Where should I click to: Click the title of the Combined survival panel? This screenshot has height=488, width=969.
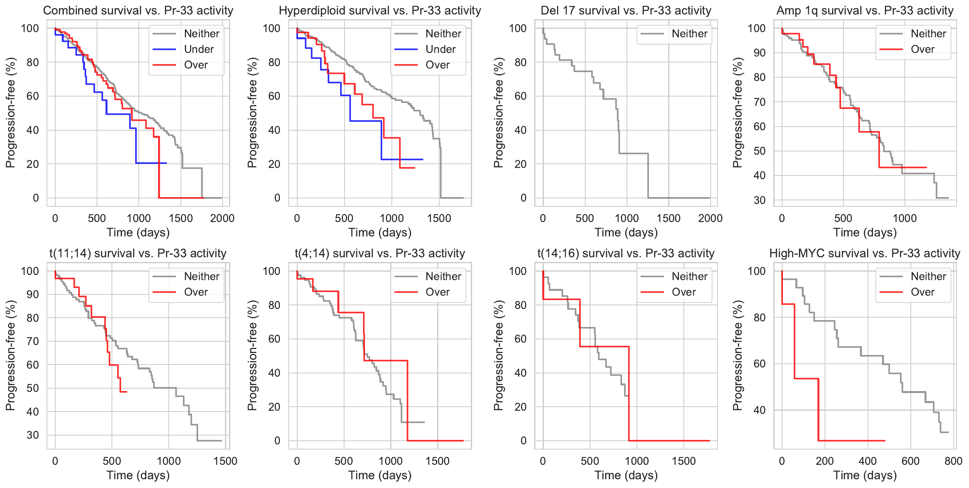click(x=138, y=10)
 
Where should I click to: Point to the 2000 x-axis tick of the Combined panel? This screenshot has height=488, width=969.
click(x=222, y=218)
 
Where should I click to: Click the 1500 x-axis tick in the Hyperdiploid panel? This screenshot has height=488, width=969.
click(x=439, y=218)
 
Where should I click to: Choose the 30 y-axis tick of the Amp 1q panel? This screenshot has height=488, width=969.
click(x=759, y=200)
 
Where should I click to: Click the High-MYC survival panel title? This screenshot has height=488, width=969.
click(x=865, y=253)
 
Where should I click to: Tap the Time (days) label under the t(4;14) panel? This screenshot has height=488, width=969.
click(x=380, y=475)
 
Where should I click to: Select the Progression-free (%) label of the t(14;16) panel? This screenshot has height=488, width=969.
click(x=498, y=355)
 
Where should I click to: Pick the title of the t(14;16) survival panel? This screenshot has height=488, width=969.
click(x=626, y=253)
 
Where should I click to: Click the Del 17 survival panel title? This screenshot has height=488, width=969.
click(x=626, y=10)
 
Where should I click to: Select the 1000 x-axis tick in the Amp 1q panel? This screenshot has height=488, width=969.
click(x=905, y=218)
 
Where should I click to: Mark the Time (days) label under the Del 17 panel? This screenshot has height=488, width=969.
click(x=626, y=232)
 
